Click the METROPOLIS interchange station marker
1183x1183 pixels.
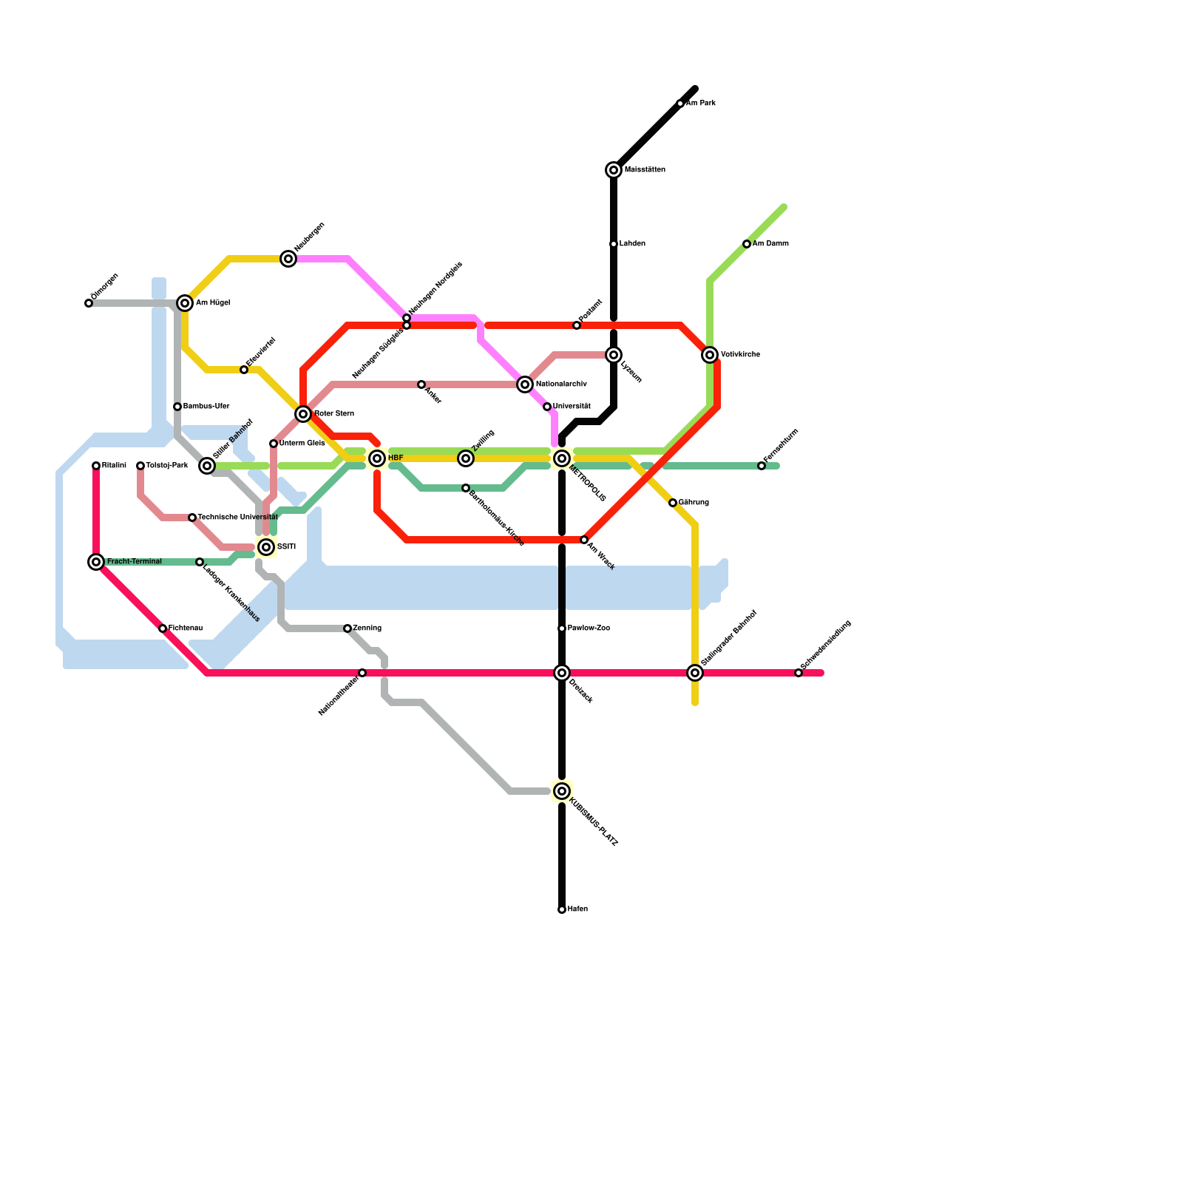tap(562, 458)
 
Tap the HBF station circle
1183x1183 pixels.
tap(377, 458)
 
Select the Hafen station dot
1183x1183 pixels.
tap(562, 909)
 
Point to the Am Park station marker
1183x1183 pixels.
tap(680, 104)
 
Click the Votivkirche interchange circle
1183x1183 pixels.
tap(710, 355)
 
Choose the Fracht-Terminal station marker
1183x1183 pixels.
tap(96, 562)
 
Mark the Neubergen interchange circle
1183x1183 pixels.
tap(288, 259)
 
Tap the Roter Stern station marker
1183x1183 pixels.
tap(303, 414)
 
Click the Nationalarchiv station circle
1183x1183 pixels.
tap(525, 384)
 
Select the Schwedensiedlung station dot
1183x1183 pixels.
tap(799, 673)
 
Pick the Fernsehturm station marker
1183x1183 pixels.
tap(762, 466)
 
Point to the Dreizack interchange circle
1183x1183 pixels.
tap(562, 673)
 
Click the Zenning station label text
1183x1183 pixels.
tap(367, 628)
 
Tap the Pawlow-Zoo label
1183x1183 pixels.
tap(589, 628)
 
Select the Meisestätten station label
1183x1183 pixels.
tap(645, 170)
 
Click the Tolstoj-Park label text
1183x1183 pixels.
tap(167, 466)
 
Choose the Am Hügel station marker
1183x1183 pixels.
tap(185, 303)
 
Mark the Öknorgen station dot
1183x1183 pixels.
tap(89, 303)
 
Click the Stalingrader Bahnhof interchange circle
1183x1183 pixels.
tap(695, 673)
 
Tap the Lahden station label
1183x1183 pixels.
tap(632, 244)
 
